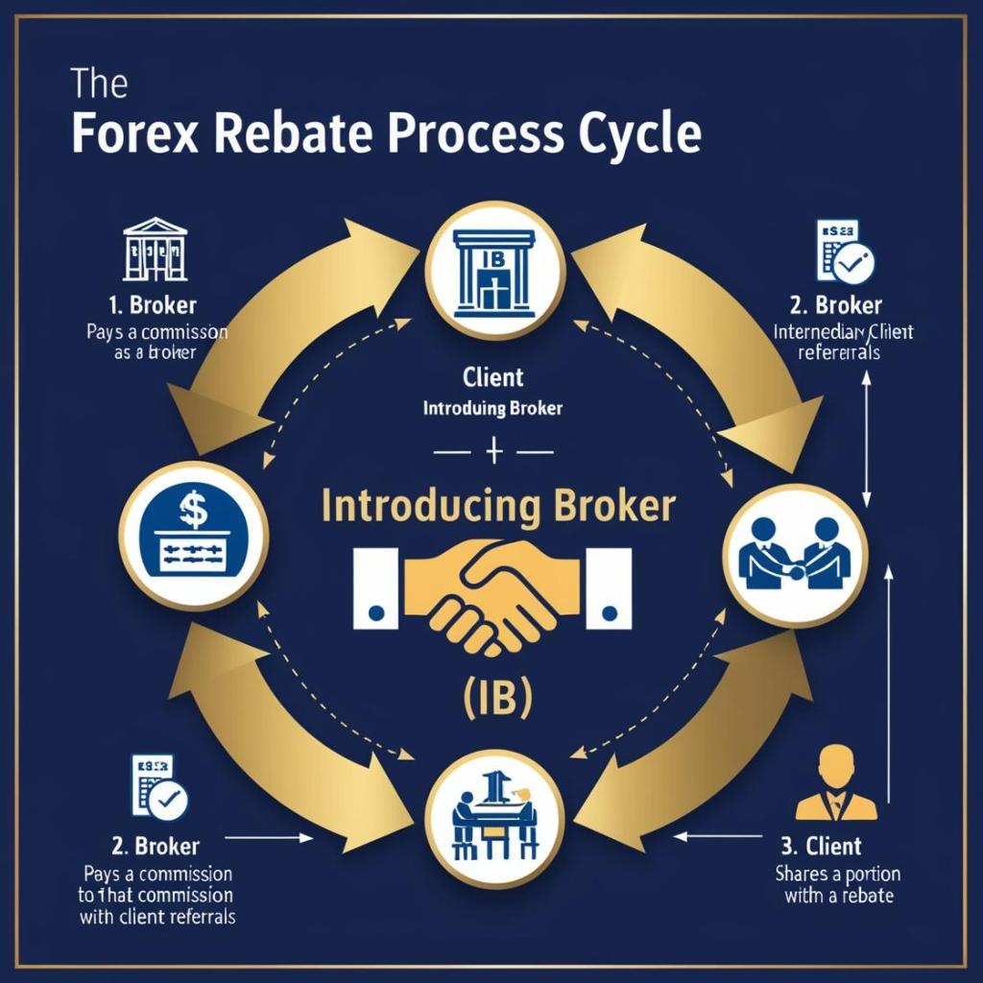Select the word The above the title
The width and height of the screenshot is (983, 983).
click(100, 84)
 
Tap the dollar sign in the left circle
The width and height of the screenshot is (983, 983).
click(193, 511)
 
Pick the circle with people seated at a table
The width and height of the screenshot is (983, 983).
click(491, 820)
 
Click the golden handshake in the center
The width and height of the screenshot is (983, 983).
click(491, 587)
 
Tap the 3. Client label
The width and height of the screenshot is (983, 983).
click(820, 847)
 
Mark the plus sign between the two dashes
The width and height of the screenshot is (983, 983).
click(492, 450)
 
